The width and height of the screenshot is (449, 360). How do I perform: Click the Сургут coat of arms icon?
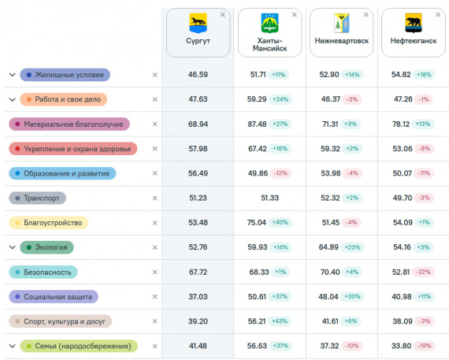[198, 23]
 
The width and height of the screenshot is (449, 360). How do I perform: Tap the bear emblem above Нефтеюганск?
[414, 23]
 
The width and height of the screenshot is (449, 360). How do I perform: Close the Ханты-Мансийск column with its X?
[295, 15]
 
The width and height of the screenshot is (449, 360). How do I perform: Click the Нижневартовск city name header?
[342, 41]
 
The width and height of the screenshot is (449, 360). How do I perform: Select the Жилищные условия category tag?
[65, 75]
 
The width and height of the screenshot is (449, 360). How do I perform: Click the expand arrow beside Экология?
[13, 247]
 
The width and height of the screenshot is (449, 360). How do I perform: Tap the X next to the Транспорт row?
[155, 199]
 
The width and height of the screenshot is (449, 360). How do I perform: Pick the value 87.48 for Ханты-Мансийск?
[257, 124]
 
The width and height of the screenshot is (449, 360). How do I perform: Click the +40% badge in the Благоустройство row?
[280, 222]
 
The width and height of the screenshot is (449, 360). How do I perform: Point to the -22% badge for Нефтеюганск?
[423, 272]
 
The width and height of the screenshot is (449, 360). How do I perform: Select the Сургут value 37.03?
[198, 297]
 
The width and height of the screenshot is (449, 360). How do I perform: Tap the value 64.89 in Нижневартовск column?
[328, 247]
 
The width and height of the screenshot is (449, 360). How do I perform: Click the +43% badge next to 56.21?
[280, 321]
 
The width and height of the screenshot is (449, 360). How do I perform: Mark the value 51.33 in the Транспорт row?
[269, 198]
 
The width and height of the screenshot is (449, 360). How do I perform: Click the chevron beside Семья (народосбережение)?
[13, 346]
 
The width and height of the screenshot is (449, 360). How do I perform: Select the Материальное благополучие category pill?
[69, 124]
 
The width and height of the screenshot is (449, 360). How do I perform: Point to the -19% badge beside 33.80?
[424, 346]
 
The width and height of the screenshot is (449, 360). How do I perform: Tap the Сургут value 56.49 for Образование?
[198, 173]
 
